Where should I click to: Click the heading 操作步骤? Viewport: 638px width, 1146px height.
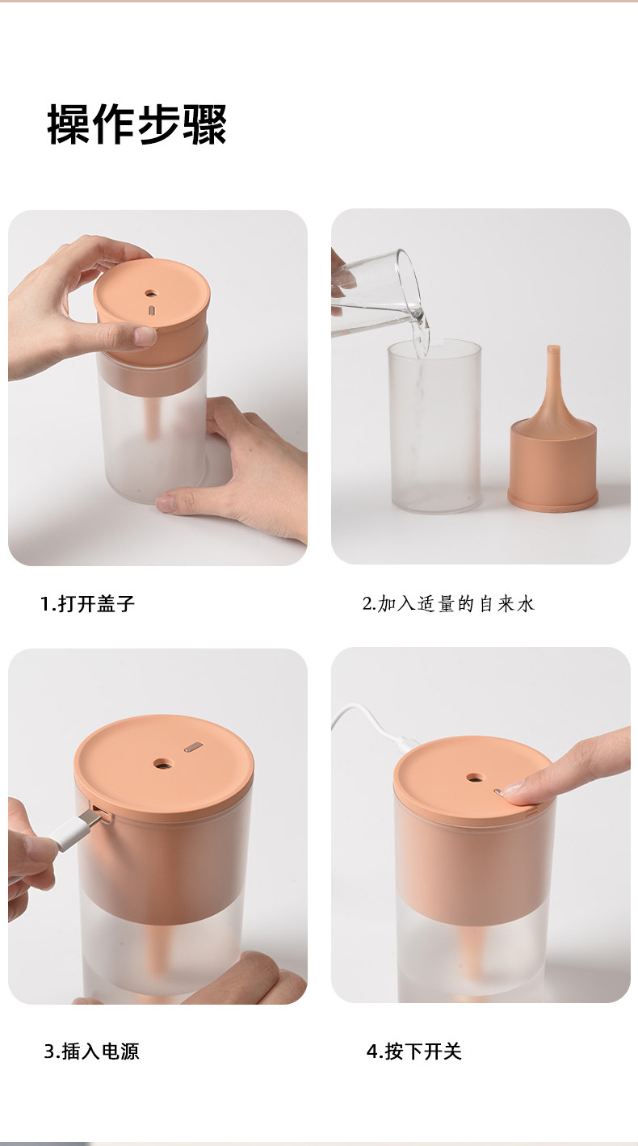pyautogui.click(x=136, y=124)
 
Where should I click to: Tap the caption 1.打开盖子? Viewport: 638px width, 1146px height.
pyautogui.click(x=87, y=604)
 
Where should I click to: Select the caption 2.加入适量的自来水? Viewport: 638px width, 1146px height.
pyautogui.click(x=448, y=604)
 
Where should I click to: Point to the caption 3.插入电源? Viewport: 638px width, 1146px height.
pyautogui.click(x=91, y=1052)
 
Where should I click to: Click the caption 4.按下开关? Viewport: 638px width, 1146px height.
pyautogui.click(x=414, y=1052)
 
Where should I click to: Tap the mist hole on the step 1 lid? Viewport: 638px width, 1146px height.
pyautogui.click(x=151, y=294)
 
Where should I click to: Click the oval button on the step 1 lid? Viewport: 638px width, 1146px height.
pyautogui.click(x=152, y=310)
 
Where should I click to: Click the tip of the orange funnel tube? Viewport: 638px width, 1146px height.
pyautogui.click(x=552, y=348)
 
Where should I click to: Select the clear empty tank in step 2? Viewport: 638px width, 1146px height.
pyautogui.click(x=434, y=427)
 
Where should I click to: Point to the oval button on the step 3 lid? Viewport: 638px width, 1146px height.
pyautogui.click(x=193, y=747)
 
